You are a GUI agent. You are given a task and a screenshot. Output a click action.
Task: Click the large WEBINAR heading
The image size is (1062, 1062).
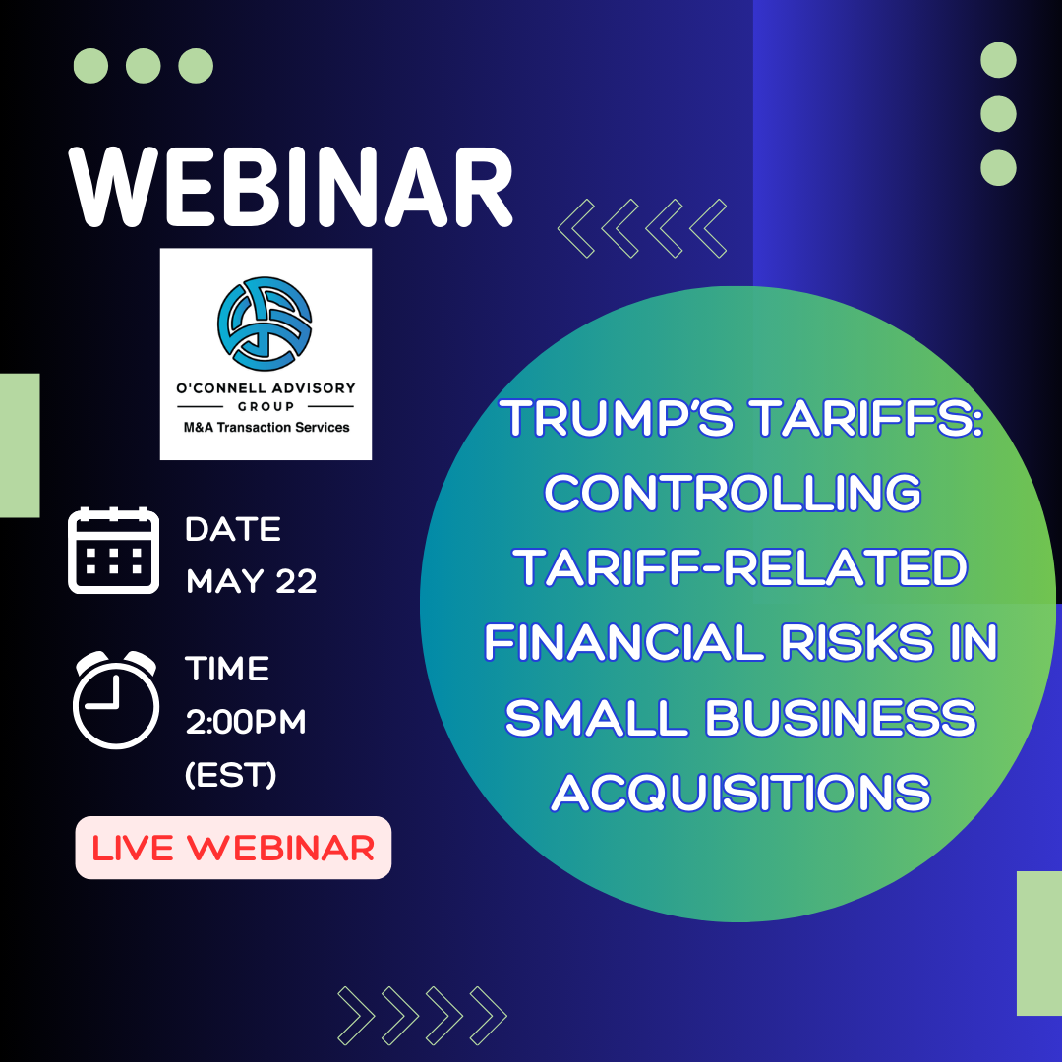(290, 187)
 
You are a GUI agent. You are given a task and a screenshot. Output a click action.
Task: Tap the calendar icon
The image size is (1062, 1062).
(114, 550)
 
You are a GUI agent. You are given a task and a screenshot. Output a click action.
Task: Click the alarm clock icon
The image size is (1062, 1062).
(116, 700)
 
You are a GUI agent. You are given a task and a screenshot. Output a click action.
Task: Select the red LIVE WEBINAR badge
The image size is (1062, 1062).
(233, 848)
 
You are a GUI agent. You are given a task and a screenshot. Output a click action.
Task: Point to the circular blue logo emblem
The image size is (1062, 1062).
(265, 324)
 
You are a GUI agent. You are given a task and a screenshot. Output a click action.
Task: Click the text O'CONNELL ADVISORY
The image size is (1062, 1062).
(265, 388)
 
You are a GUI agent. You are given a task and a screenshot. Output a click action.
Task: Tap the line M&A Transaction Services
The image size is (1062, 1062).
(266, 428)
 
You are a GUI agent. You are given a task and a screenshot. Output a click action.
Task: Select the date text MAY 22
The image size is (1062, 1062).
(252, 581)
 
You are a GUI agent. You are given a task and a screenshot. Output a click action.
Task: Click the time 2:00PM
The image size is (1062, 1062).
(246, 722)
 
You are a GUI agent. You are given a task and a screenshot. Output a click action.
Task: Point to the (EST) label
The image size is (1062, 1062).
(231, 774)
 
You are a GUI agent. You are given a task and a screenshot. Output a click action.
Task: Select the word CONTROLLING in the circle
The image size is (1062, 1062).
(733, 493)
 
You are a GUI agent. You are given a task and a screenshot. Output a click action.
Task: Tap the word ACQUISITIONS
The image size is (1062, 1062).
(741, 793)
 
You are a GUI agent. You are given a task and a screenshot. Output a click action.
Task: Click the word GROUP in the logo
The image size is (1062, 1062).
(265, 406)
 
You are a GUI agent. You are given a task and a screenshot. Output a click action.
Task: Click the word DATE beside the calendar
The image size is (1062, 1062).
(233, 529)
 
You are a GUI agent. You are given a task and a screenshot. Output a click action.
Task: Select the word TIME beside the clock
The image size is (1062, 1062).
(227, 669)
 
